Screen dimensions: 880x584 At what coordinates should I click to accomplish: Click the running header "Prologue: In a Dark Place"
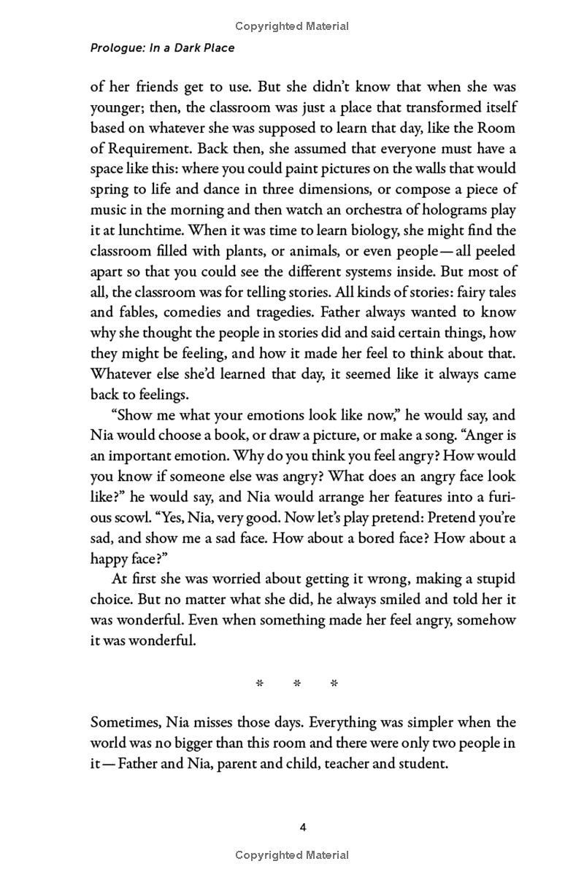coord(162,49)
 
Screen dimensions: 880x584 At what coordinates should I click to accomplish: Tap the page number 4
coord(303,827)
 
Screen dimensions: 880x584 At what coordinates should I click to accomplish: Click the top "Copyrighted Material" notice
coord(292,26)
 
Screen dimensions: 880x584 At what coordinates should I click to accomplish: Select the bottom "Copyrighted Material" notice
coord(292,854)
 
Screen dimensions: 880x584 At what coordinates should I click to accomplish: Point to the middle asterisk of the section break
coord(296,684)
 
